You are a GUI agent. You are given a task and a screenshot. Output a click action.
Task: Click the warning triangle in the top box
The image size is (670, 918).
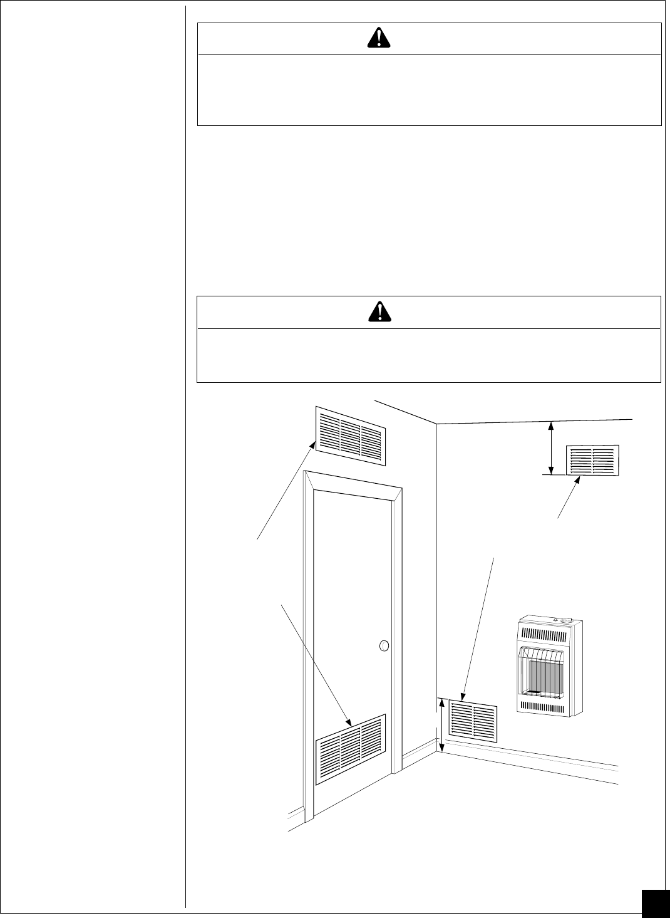pyautogui.click(x=378, y=39)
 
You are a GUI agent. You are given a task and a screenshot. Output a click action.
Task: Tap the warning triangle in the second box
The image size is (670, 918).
pyautogui.click(x=378, y=311)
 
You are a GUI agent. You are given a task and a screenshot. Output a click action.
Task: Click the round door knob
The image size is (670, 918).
pyautogui.click(x=384, y=646)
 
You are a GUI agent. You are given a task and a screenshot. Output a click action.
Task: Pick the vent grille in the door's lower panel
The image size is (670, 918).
pyautogui.click(x=350, y=749)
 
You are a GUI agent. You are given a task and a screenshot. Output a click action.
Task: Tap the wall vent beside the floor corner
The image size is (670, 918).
pyautogui.click(x=473, y=722)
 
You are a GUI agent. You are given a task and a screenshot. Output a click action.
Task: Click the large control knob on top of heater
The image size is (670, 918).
pyautogui.click(x=567, y=622)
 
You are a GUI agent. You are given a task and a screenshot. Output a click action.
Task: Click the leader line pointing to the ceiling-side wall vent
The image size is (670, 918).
pyautogui.click(x=569, y=498)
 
